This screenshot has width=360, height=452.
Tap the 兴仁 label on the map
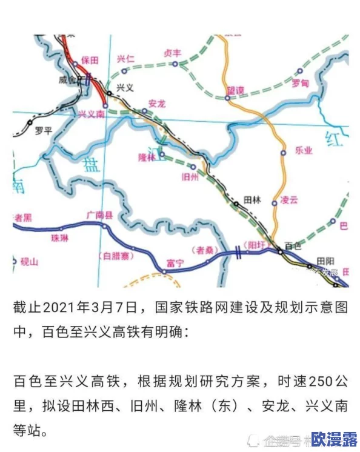(x=125, y=59)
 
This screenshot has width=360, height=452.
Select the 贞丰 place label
(x=172, y=53)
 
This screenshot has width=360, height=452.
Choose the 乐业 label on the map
(x=303, y=150)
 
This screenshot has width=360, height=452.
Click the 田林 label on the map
(x=251, y=198)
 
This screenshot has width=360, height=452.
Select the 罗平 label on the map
(x=44, y=130)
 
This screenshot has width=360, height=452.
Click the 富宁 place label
(x=175, y=262)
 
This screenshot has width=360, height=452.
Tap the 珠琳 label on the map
(x=60, y=238)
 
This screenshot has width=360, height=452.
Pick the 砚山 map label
(x=29, y=262)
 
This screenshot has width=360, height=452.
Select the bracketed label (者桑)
(x=204, y=249)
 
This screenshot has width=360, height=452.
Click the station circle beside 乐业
(x=283, y=153)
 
